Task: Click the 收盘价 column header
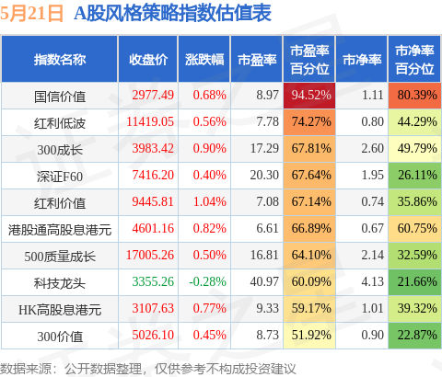coord(148,60)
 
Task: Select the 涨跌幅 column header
coord(204,60)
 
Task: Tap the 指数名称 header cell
coord(60,60)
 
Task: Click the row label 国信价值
coord(60,97)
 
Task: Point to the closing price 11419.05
coord(150,121)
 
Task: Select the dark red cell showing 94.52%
coord(309,96)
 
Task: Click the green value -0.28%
coord(207,281)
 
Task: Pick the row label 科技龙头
coord(60,283)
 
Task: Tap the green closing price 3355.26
coord(153,281)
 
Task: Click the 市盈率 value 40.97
coord(264,281)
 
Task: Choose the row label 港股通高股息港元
coord(60,230)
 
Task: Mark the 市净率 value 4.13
coord(372,281)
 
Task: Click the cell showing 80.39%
coord(414,96)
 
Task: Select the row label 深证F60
coord(60,177)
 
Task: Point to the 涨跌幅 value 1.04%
coord(210,201)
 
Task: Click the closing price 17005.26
coord(150,255)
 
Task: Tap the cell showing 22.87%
coord(414,336)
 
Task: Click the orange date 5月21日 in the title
coord(31,14)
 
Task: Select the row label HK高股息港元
coord(60,310)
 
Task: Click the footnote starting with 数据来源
coord(148,369)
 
